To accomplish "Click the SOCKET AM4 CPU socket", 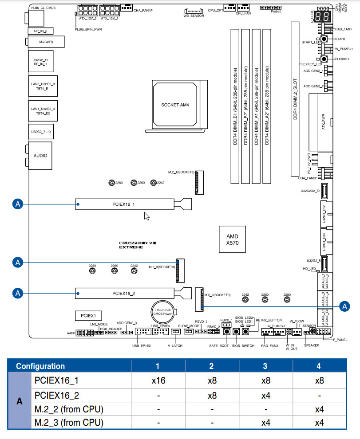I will [x=175, y=105].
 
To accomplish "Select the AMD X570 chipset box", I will [x=232, y=239].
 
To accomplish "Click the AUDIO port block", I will [x=40, y=156].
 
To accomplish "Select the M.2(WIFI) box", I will [x=45, y=42].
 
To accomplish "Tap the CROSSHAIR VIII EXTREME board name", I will [x=138, y=245].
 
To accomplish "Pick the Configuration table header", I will [x=40, y=366].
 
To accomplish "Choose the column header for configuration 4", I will [x=319, y=366].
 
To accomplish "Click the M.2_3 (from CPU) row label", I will [x=69, y=423].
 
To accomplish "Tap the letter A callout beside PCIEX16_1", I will [x=18, y=204].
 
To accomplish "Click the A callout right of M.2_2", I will [x=344, y=306].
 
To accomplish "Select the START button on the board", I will [x=324, y=39].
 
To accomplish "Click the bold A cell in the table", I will [x=20, y=402].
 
